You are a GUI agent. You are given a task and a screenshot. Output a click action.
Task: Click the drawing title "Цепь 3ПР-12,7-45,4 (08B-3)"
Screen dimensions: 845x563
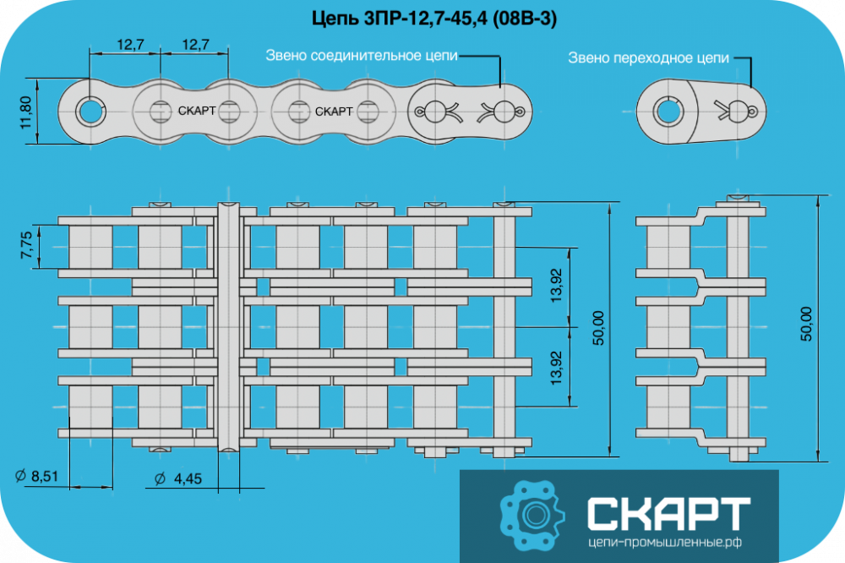[434, 19]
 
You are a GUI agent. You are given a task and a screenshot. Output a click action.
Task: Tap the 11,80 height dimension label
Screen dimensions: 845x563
[25, 112]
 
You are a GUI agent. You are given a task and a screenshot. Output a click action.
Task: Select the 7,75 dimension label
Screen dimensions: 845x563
[26, 245]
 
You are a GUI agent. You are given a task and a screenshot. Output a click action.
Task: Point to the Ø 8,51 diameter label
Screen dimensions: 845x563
[36, 476]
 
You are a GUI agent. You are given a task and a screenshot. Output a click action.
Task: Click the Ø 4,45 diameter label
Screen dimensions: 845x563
[177, 478]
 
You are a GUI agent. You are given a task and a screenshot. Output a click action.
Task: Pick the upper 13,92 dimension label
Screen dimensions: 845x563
[556, 285]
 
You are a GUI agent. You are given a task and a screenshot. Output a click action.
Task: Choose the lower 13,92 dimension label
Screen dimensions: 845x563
[556, 368]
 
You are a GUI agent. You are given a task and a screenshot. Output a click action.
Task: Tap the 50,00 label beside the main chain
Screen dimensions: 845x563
[598, 328]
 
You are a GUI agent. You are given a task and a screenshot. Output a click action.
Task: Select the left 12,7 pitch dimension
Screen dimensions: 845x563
[130, 44]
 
